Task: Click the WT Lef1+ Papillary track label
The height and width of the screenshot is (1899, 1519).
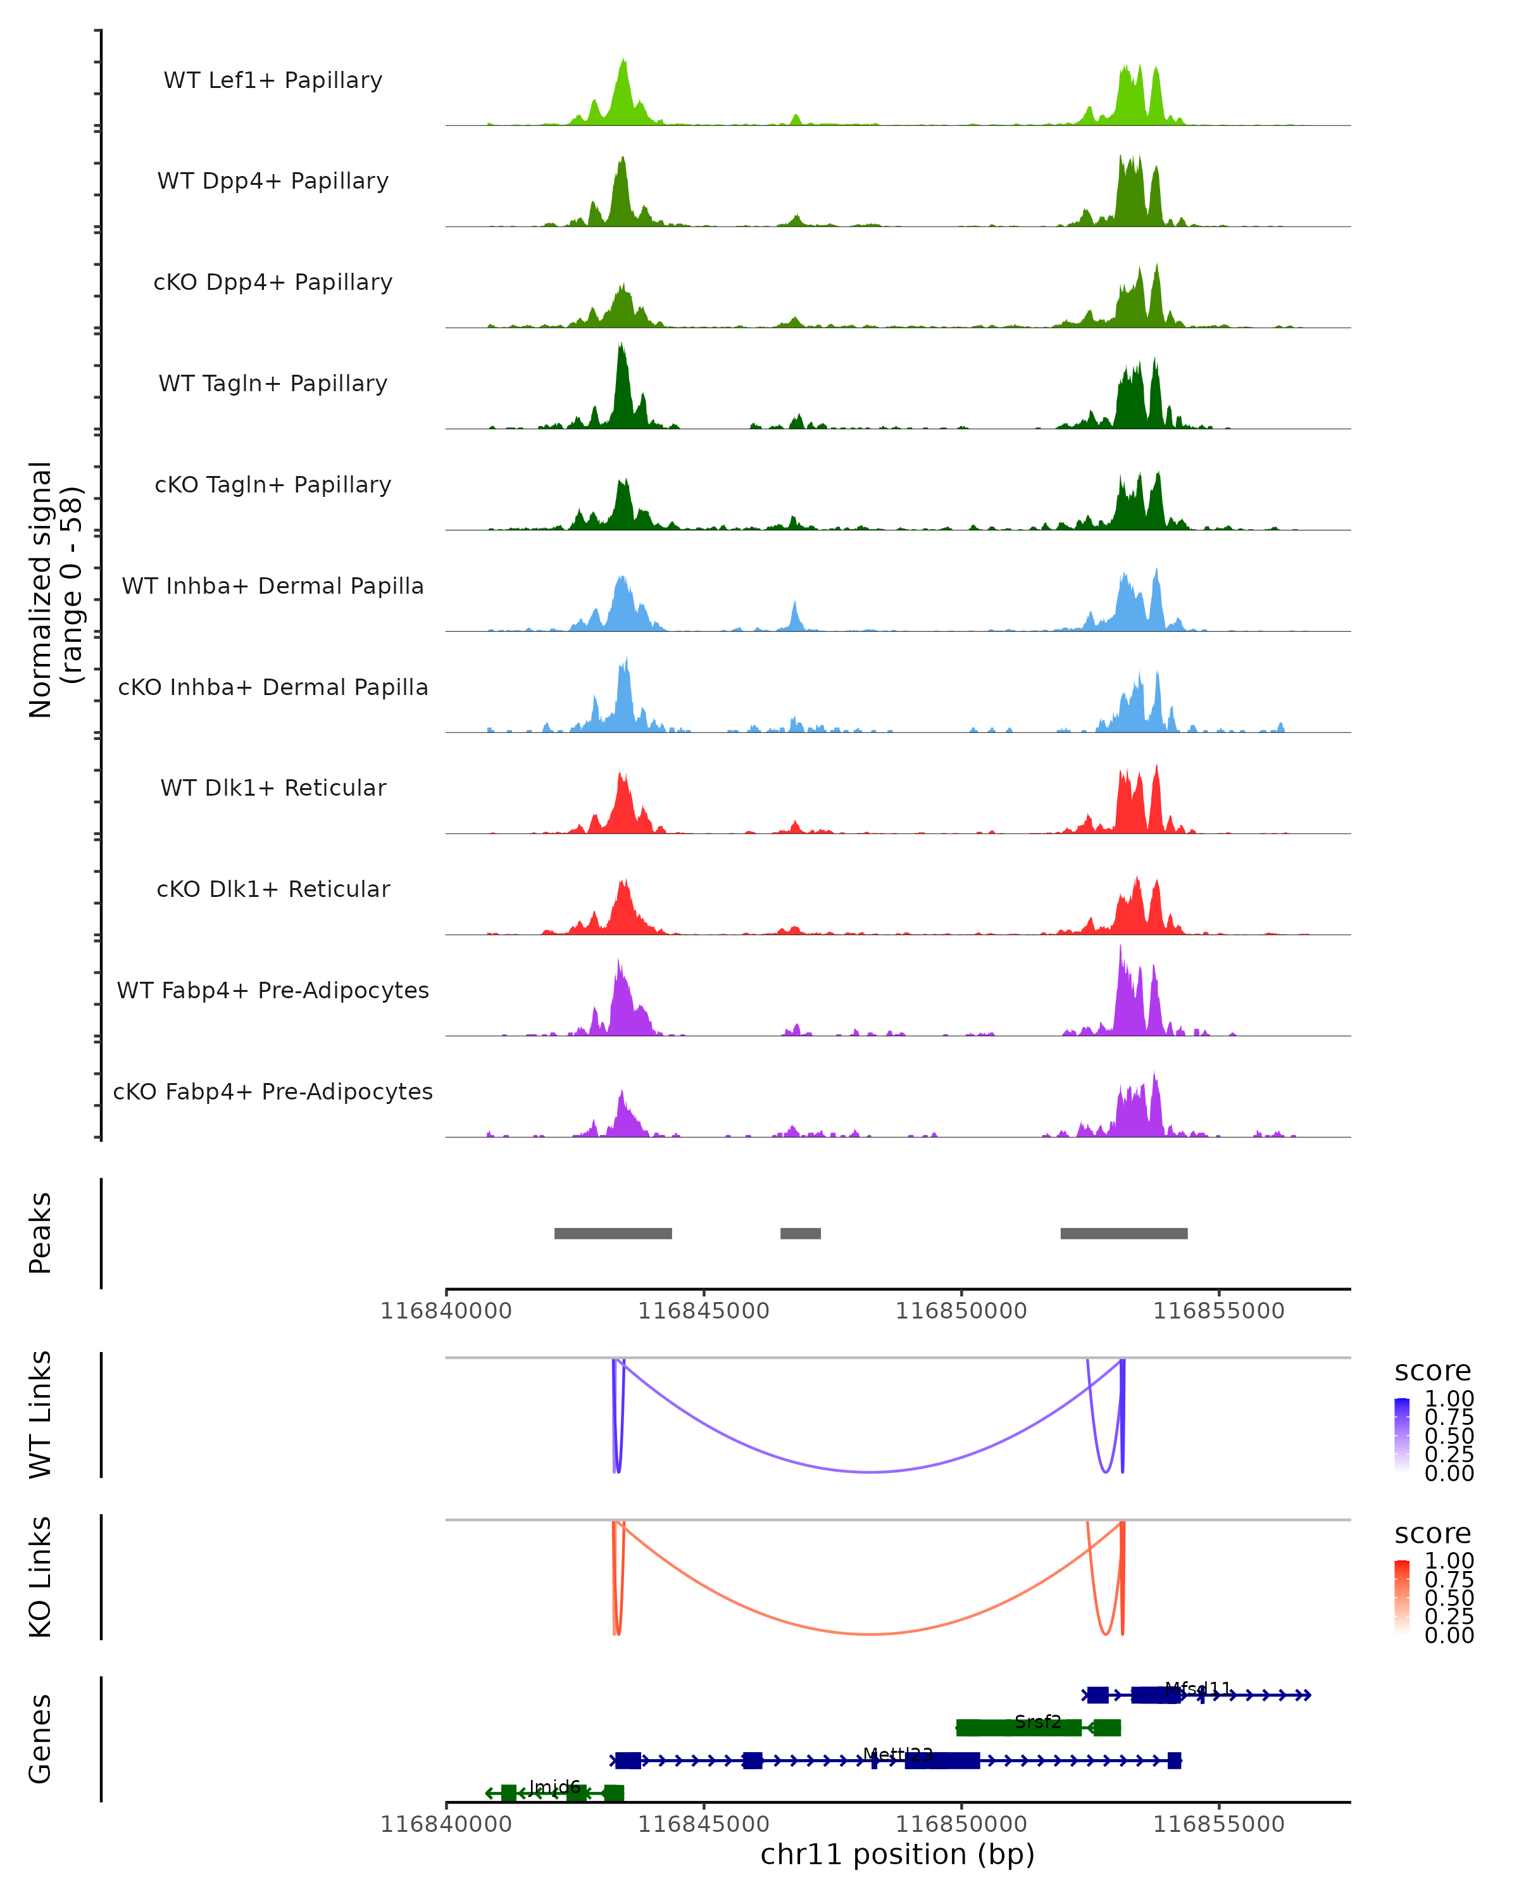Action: point(273,80)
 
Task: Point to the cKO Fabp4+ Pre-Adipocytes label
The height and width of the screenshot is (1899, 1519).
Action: point(273,1091)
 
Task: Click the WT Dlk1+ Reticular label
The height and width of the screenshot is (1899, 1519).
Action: point(273,787)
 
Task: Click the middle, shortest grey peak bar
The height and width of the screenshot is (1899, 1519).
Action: point(801,1233)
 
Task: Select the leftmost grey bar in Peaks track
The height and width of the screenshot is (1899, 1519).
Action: point(613,1233)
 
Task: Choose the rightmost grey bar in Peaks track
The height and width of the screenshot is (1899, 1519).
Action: point(1123,1233)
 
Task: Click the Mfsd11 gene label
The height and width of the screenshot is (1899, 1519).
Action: point(1197,1688)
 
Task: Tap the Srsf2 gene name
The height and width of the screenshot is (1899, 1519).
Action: point(1037,1721)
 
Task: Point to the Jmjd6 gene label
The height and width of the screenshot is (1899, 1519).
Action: point(555,1786)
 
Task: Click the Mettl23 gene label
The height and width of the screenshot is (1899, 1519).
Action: point(897,1753)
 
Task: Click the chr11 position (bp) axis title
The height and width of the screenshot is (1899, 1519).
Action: point(897,1855)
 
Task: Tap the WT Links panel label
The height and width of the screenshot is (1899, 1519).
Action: point(41,1415)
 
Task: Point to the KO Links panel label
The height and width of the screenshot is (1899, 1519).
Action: point(41,1577)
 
